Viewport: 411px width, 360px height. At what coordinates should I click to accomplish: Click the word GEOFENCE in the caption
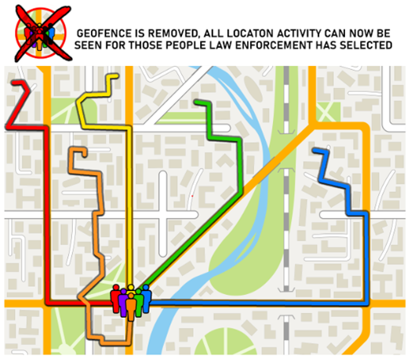click(x=106, y=35)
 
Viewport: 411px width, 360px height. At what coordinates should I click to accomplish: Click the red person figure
click(x=116, y=300)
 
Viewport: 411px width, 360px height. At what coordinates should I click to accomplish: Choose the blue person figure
click(x=146, y=298)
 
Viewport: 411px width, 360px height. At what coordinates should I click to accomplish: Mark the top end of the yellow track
click(x=117, y=76)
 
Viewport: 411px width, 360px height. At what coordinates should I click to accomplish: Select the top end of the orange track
click(x=72, y=148)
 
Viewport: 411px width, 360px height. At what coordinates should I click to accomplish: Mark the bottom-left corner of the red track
click(x=47, y=301)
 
